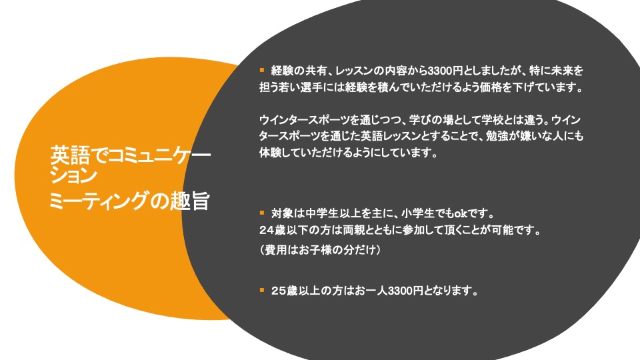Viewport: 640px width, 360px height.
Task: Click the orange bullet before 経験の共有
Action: pyautogui.click(x=262, y=70)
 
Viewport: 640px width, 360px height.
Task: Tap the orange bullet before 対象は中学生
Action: pyautogui.click(x=262, y=213)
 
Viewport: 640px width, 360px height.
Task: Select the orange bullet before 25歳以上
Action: pyautogui.click(x=262, y=290)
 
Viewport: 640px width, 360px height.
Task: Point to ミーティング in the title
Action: pyautogui.click(x=97, y=201)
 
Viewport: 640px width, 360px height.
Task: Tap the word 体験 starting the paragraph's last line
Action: pyautogui.click(x=270, y=152)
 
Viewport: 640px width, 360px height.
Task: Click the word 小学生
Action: pyautogui.click(x=418, y=213)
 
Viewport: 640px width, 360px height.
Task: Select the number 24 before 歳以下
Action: pyautogui.click(x=267, y=230)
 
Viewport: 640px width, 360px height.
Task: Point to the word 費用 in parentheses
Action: pyautogui.click(x=276, y=249)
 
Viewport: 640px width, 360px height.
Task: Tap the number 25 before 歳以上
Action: pyautogui.click(x=279, y=291)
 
